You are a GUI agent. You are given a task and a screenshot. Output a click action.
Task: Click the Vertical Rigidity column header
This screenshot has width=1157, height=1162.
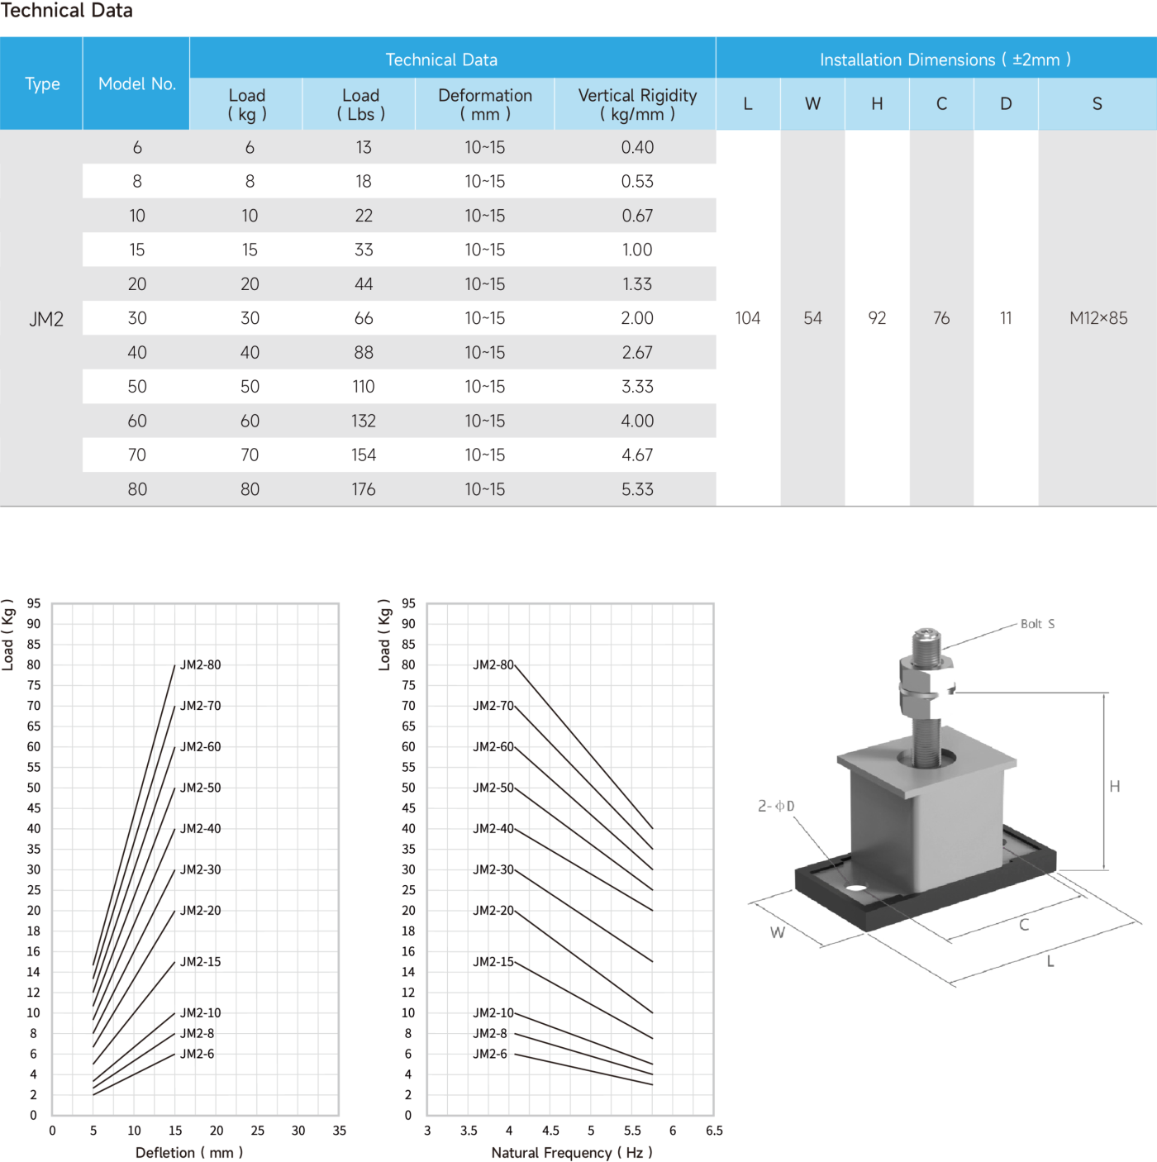point(637,104)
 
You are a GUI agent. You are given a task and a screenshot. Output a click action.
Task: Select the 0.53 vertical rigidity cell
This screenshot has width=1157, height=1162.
point(637,182)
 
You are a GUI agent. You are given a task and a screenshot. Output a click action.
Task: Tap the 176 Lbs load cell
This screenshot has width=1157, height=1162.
point(363,489)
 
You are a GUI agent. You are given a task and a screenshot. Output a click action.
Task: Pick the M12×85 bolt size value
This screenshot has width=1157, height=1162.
point(1097,318)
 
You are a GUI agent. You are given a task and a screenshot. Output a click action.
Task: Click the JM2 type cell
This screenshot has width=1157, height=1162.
point(45,319)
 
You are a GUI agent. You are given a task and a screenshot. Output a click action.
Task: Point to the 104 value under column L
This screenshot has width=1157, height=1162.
point(747,318)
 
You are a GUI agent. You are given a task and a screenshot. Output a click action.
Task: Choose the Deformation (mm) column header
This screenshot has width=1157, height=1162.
point(485,104)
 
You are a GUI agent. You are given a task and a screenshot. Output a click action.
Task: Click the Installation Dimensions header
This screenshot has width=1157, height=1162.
point(945,60)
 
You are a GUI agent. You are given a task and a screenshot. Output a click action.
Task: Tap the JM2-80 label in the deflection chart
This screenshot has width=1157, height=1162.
point(200,664)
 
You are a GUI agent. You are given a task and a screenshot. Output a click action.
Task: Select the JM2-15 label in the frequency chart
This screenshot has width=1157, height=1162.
point(493,962)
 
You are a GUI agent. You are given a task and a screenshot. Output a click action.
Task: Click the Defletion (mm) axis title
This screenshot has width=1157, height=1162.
point(188,1152)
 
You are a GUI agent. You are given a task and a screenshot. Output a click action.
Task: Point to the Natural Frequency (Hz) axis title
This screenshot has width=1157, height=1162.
point(571,1152)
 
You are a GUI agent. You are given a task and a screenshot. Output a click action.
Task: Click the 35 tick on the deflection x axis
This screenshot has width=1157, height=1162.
point(339,1131)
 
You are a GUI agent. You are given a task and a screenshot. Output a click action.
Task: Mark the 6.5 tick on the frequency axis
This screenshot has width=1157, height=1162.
point(714,1131)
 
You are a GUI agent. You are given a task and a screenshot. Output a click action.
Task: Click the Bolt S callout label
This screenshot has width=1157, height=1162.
point(1037,624)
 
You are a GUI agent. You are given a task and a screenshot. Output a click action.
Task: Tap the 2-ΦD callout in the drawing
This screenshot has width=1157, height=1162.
point(776,806)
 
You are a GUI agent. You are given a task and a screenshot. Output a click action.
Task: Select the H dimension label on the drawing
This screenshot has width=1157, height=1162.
point(1114,786)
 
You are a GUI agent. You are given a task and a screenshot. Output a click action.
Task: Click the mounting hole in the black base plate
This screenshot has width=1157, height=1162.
point(855,887)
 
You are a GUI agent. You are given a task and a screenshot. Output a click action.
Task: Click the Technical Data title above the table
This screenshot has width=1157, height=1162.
point(66,10)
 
